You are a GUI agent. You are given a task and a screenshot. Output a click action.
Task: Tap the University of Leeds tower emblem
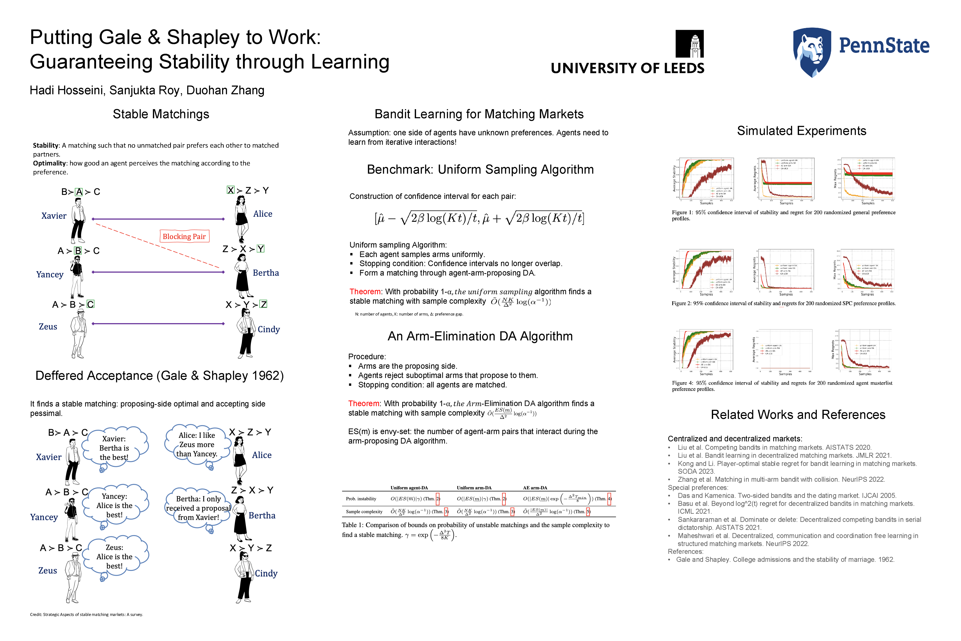pyautogui.click(x=690, y=44)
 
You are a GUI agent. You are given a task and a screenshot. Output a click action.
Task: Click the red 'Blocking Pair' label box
pyautogui.click(x=184, y=236)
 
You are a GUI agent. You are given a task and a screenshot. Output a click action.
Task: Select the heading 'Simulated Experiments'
pyautogui.click(x=801, y=131)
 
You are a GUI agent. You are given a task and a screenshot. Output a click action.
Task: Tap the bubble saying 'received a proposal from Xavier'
pyautogui.click(x=198, y=508)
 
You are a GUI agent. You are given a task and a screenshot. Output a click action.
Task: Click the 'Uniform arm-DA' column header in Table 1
pyautogui.click(x=474, y=488)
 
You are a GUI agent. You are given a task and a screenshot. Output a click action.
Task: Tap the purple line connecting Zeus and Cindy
pyautogui.click(x=158, y=324)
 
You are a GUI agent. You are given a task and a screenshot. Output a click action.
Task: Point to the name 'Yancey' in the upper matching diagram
pyautogui.click(x=50, y=274)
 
